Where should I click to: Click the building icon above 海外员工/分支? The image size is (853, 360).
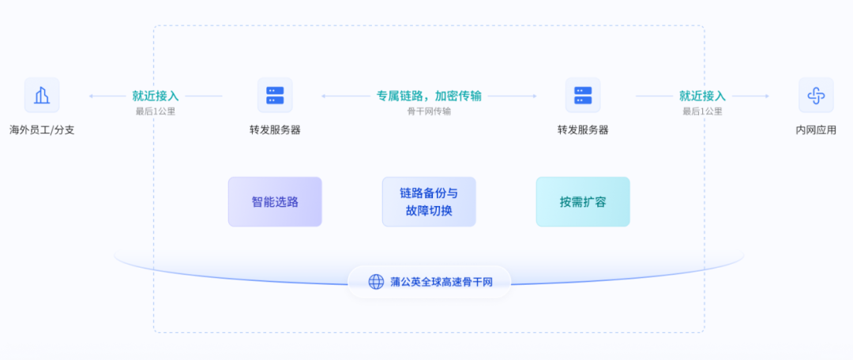pyautogui.click(x=42, y=96)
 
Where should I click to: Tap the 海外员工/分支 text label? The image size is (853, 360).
pyautogui.click(x=42, y=130)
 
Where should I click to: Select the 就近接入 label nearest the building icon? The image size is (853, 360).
pyautogui.click(x=156, y=96)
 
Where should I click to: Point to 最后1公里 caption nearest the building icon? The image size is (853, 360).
pyautogui.click(x=156, y=111)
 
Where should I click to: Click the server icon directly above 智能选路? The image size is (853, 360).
pyautogui.click(x=275, y=96)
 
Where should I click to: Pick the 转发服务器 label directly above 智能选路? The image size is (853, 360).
pyautogui.click(x=275, y=130)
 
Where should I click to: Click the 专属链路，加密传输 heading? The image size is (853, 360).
pyautogui.click(x=429, y=96)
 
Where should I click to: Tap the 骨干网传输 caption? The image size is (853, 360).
pyautogui.click(x=429, y=111)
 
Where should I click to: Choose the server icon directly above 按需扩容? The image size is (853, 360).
pyautogui.click(x=583, y=96)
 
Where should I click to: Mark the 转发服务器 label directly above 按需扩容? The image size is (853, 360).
pyautogui.click(x=583, y=130)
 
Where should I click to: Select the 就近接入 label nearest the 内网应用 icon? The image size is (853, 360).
pyautogui.click(x=702, y=96)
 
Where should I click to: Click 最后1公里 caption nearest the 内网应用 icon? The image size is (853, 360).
pyautogui.click(x=702, y=111)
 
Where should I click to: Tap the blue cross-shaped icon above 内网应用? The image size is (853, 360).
pyautogui.click(x=816, y=96)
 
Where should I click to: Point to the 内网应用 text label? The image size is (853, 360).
pyautogui.click(x=816, y=130)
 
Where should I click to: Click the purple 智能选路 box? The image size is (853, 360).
pyautogui.click(x=275, y=201)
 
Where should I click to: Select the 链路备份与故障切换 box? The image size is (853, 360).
pyautogui.click(x=429, y=201)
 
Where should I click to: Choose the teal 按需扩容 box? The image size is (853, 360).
pyautogui.click(x=583, y=201)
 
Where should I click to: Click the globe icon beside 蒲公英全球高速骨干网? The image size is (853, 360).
pyautogui.click(x=376, y=282)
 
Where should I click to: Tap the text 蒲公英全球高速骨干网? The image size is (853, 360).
pyautogui.click(x=441, y=282)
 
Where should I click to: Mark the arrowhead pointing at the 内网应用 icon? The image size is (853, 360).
pyautogui.click(x=766, y=96)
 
